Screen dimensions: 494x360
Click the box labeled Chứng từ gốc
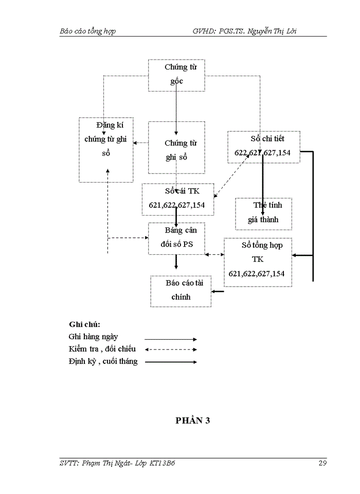176,75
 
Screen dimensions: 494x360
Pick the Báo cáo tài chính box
181,291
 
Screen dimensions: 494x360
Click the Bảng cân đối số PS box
176,238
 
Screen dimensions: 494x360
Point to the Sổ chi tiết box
264,147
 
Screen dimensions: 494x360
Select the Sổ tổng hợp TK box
258,262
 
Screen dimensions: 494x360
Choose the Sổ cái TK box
177,199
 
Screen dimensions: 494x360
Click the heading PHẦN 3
192,420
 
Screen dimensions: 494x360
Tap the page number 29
322,463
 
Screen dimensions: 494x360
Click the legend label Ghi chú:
84,325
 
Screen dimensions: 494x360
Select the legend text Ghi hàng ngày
93,337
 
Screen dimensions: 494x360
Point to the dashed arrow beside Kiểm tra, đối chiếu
171,350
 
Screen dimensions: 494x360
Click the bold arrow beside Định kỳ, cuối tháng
171,362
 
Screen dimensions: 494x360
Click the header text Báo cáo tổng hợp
87,31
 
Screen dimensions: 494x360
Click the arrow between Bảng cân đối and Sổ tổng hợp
214,255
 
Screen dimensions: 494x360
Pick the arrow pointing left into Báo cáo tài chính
218,292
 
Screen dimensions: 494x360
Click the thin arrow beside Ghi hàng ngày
171,339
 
